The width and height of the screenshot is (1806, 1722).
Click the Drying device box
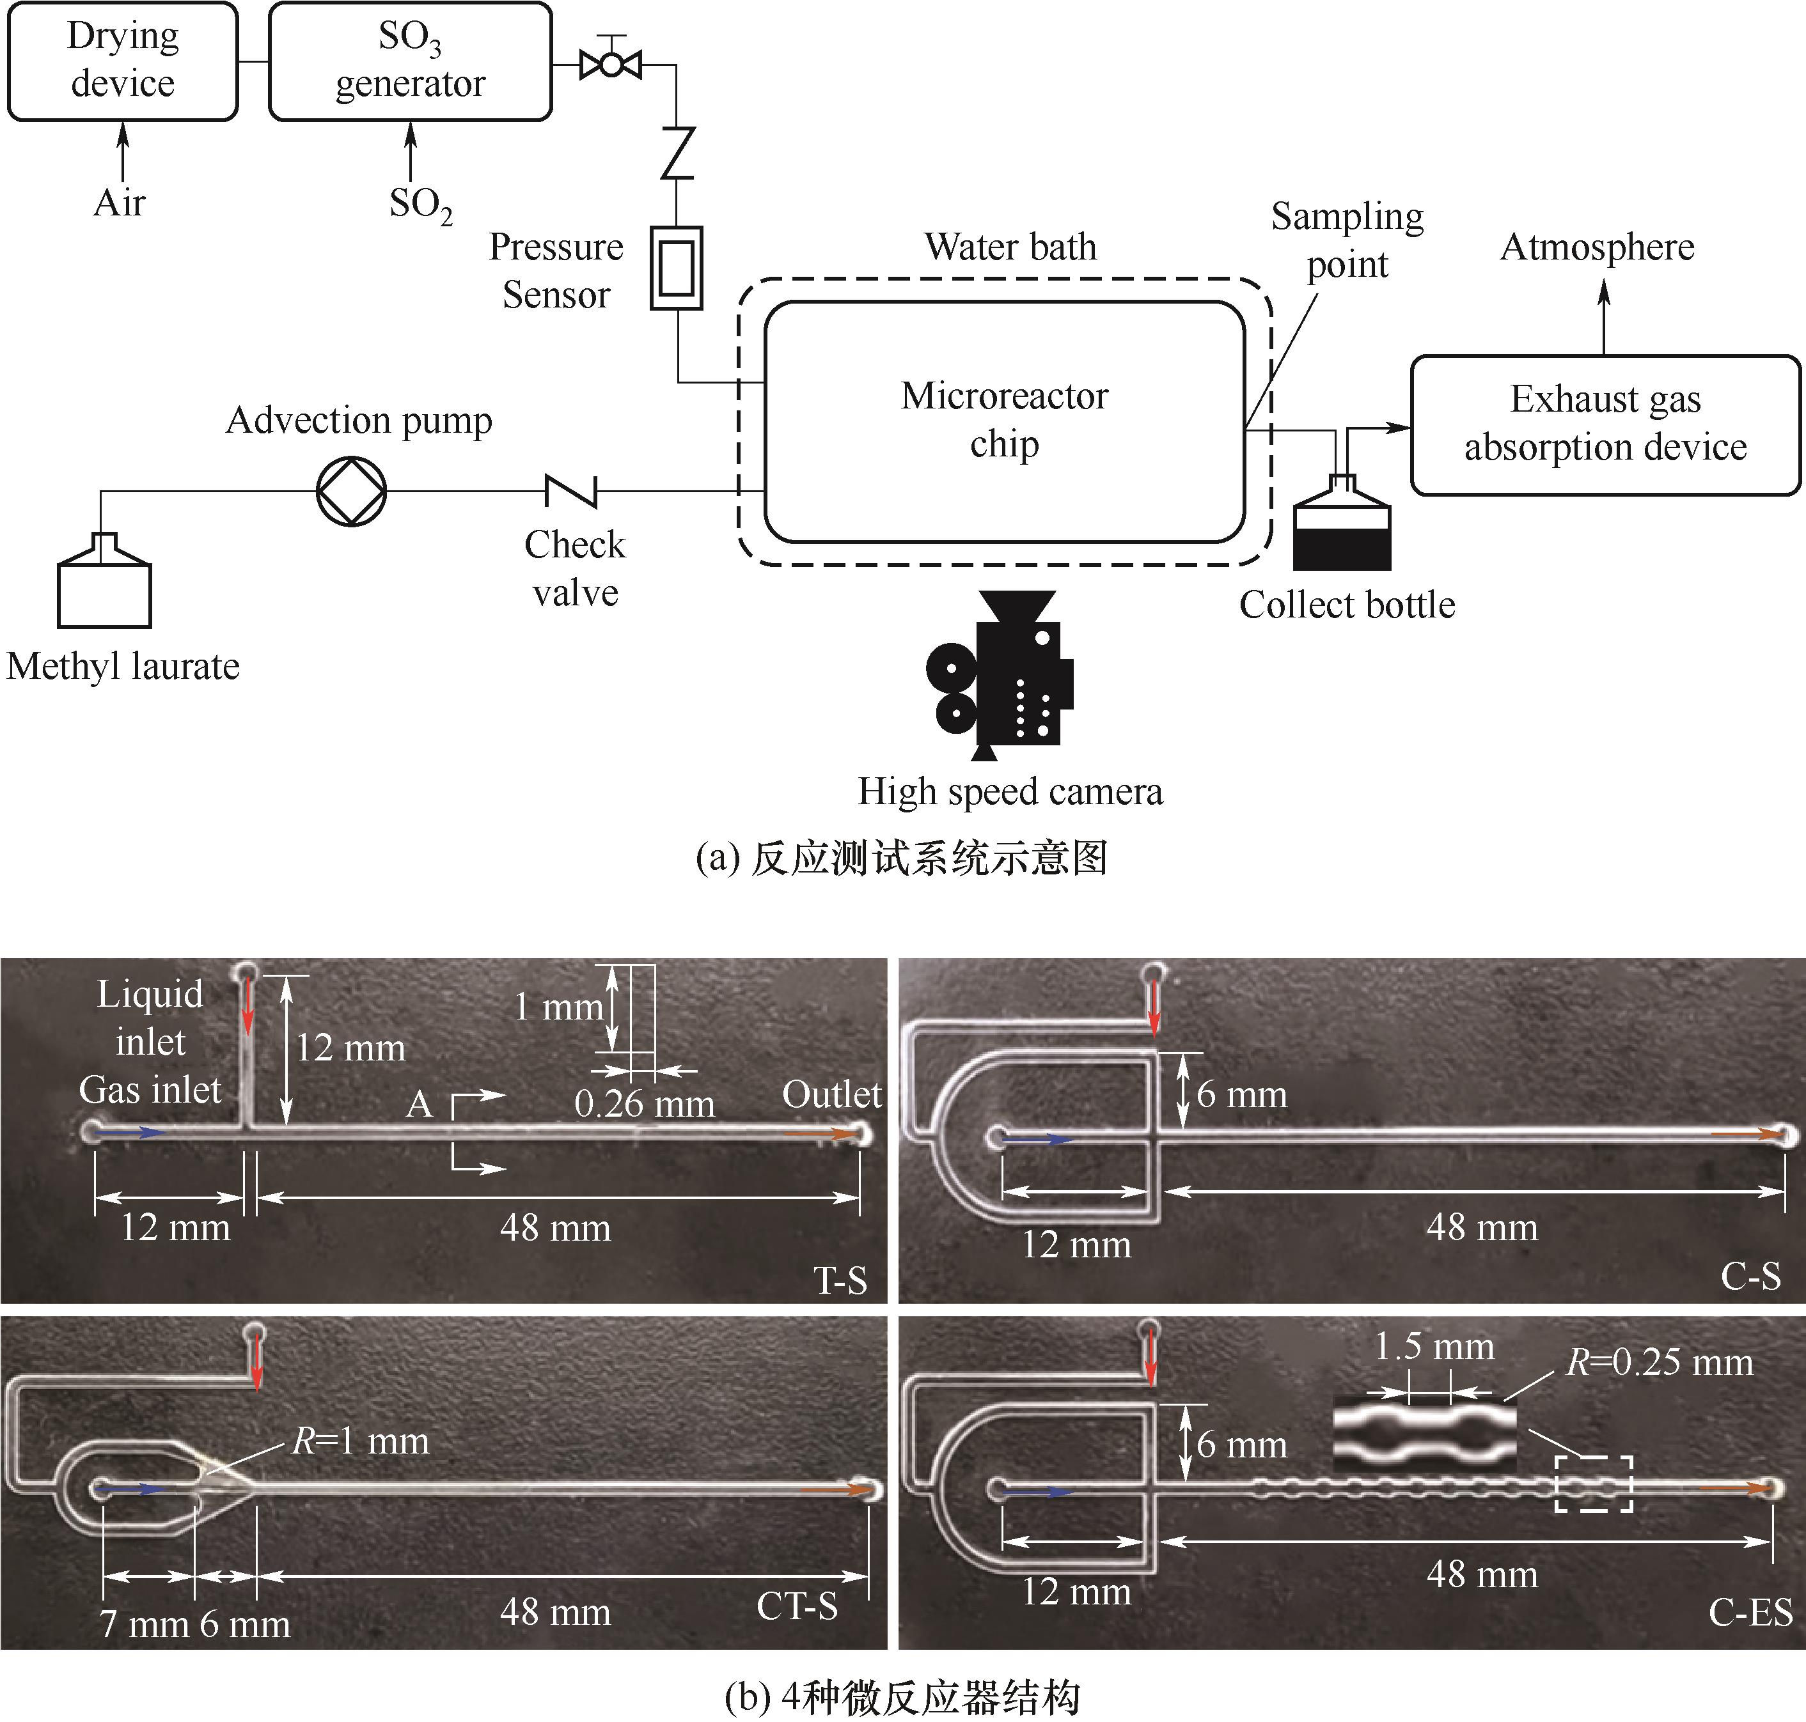tap(122, 61)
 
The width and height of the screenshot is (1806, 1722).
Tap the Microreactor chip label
tap(1005, 419)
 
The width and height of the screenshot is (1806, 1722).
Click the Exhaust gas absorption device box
tap(1605, 424)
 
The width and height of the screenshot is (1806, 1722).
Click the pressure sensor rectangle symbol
tap(677, 268)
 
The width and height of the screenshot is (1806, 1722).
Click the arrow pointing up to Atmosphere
tap(1604, 316)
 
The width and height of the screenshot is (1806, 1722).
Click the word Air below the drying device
tap(120, 203)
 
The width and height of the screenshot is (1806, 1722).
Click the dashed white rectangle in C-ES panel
tap(1593, 1484)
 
